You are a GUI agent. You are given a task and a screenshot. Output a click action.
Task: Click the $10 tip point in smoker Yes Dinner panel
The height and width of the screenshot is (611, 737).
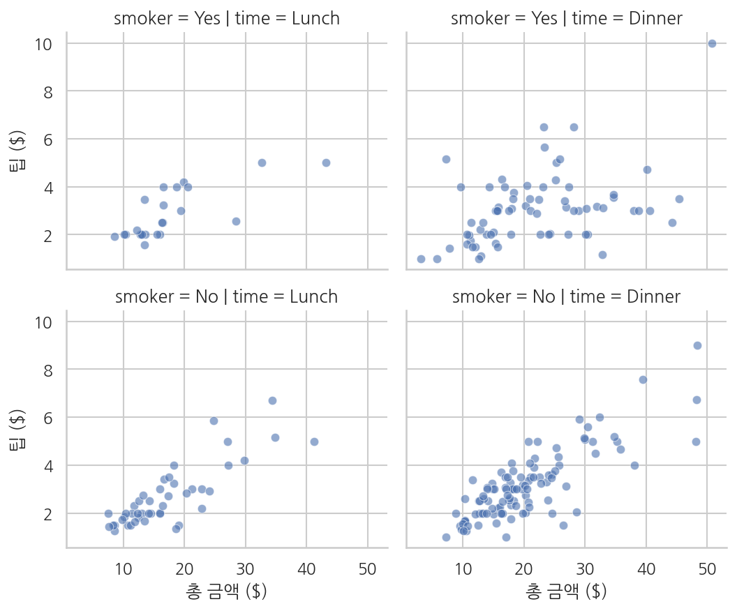712,44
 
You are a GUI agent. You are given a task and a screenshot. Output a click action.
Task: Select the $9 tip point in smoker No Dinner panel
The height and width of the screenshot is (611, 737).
697,346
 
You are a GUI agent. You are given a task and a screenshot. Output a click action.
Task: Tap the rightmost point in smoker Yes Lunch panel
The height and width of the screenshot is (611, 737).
326,163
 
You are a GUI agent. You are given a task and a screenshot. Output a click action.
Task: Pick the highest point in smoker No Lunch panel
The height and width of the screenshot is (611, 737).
272,400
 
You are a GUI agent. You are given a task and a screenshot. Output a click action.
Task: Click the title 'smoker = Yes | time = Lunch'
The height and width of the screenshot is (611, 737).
227,18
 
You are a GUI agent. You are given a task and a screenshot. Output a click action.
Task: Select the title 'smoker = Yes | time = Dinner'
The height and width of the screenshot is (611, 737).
567,18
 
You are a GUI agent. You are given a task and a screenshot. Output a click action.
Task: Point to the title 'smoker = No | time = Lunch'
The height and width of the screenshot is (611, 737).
227,297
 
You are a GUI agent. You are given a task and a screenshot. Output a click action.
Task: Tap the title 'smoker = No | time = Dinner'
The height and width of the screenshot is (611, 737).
567,297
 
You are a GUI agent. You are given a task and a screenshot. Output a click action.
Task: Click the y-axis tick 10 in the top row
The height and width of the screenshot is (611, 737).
43,44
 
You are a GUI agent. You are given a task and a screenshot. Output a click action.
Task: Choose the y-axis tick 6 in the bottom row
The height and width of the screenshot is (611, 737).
48,418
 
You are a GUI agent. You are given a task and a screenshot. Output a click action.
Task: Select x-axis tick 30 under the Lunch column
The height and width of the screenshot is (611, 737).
246,569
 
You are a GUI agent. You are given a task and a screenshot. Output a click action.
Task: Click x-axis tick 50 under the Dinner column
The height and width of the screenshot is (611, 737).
707,569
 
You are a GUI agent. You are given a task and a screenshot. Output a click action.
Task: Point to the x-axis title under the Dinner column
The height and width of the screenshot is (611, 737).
567,591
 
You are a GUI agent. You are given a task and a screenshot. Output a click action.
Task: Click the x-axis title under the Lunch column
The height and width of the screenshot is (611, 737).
227,591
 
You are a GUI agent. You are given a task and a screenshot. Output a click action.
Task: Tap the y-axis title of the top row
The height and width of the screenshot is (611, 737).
17,151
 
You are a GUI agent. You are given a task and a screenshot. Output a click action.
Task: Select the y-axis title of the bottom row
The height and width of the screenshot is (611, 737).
17,429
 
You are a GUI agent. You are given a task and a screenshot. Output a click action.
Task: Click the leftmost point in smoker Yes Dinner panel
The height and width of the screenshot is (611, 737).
421,259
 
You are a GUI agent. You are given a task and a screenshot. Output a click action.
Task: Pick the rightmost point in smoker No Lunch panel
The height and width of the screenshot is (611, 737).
315,442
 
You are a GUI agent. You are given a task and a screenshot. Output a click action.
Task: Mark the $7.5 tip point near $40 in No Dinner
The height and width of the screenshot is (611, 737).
643,380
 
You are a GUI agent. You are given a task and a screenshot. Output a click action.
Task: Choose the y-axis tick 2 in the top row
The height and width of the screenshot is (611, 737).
48,236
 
